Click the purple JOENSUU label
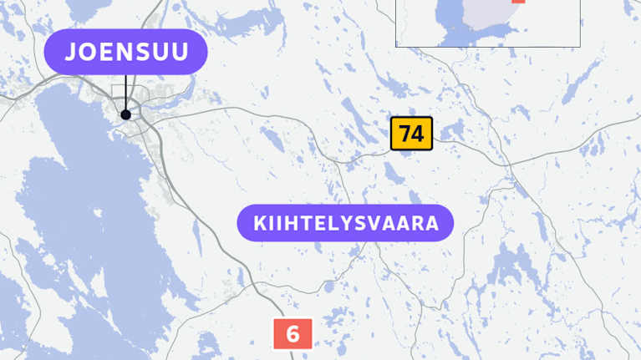(126, 52)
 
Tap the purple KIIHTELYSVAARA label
(345, 224)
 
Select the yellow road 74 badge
(411, 134)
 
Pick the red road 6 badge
(293, 334)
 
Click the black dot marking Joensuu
(125, 114)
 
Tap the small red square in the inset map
(519, 2)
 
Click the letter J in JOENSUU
(72, 52)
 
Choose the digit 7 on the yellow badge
(405, 134)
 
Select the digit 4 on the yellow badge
(418, 134)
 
